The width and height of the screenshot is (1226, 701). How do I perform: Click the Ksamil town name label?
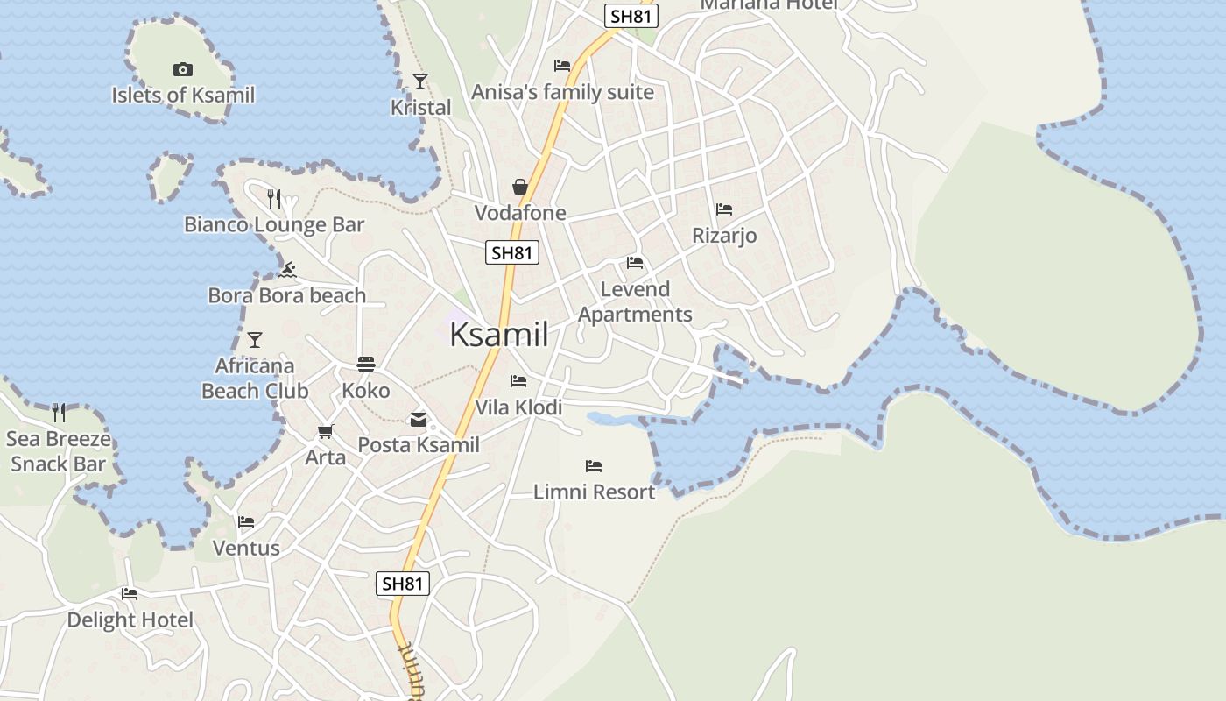coord(499,335)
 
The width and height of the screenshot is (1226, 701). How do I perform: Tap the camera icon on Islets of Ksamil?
coord(183,69)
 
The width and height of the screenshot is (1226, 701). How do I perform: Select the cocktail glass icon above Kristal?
coord(420,81)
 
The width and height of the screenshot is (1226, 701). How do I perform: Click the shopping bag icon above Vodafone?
coord(520,187)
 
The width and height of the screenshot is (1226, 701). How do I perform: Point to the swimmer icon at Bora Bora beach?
coord(286,270)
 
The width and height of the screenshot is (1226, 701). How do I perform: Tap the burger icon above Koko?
coord(366,365)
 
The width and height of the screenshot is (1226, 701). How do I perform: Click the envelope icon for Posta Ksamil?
coord(419,420)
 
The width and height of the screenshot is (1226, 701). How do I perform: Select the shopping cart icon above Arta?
coord(326,431)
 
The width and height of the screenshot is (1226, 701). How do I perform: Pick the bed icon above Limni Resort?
coord(594,466)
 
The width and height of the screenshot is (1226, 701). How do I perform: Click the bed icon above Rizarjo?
coord(724,209)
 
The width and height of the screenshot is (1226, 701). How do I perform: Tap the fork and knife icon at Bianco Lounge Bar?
coord(274,199)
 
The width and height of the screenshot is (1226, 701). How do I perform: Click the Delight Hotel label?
coord(130,620)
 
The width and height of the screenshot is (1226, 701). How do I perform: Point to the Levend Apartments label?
coord(635,301)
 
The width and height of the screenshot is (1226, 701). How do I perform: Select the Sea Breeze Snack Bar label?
coord(59,451)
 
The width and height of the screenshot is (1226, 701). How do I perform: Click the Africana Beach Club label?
coord(255,378)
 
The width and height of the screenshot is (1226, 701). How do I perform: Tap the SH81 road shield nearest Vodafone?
coord(512,253)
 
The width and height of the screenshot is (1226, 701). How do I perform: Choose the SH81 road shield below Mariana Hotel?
coord(631,16)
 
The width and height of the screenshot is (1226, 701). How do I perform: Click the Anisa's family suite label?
coord(562,92)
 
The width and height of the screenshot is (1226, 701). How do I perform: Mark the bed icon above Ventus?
coord(246,522)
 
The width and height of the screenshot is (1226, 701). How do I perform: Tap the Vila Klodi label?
coord(518,407)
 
